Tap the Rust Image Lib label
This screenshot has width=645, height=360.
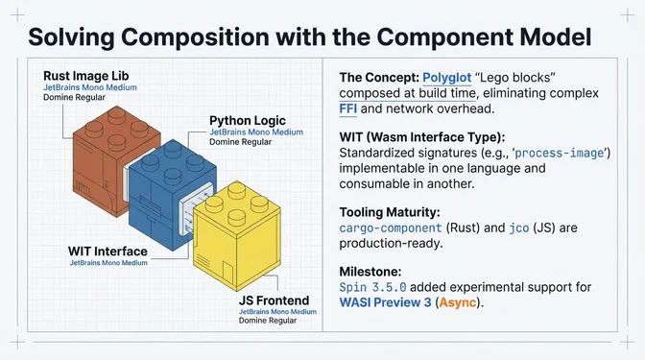[87, 75]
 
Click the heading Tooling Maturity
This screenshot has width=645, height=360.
[397, 212]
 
